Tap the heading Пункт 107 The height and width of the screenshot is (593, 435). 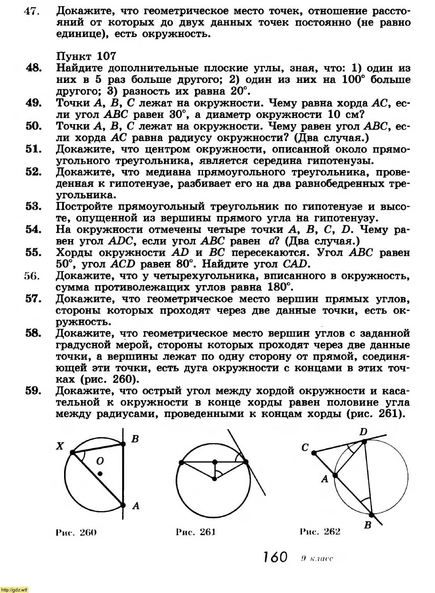[86, 56]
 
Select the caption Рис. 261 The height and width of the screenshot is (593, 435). [195, 532]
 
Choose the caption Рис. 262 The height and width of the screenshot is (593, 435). [320, 532]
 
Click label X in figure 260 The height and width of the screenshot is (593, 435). [59, 446]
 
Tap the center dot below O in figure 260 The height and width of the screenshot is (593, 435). [100, 473]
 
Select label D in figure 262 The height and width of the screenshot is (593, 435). [363, 432]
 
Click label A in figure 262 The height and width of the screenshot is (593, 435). [325, 479]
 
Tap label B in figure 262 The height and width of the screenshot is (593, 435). [368, 525]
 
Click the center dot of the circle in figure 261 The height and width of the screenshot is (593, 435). [215, 479]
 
